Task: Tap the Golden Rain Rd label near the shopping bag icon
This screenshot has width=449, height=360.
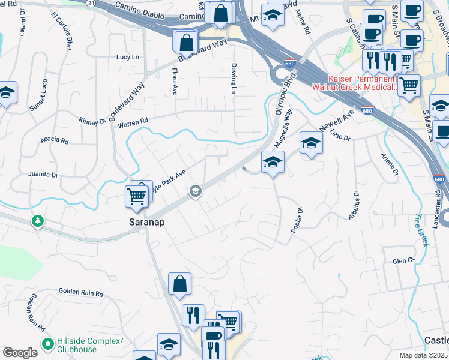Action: click(81, 293)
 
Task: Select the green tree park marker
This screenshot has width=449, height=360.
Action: click(38, 221)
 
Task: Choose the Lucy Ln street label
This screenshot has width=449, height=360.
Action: click(127, 57)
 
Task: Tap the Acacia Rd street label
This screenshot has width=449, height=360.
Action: click(55, 140)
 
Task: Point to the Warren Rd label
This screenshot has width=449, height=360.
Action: click(133, 122)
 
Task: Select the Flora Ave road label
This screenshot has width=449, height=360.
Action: click(175, 82)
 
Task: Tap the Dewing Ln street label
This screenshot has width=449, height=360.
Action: click(234, 79)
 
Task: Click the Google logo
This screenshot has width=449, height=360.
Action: click(20, 353)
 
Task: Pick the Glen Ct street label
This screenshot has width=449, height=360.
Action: click(403, 261)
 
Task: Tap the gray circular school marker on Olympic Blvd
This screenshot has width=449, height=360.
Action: click(195, 191)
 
